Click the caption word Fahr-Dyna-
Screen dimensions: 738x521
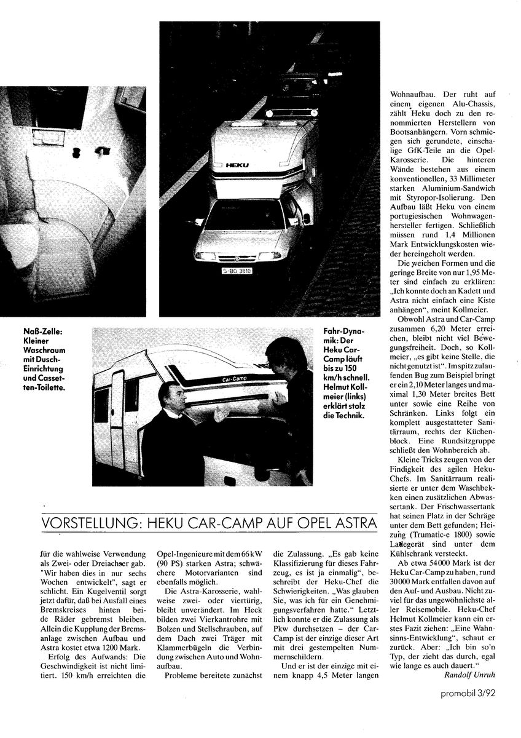pyautogui.click(x=343, y=332)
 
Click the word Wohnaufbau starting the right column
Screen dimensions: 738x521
pyautogui.click(x=416, y=95)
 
